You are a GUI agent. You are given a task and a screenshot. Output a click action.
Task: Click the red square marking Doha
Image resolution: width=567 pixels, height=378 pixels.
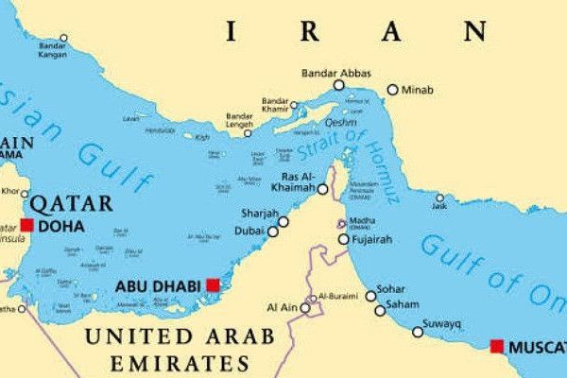[26, 225]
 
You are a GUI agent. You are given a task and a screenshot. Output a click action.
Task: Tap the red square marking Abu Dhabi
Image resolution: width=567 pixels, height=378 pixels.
[214, 284]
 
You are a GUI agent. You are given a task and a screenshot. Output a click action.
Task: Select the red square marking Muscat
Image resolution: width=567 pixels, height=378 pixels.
[497, 347]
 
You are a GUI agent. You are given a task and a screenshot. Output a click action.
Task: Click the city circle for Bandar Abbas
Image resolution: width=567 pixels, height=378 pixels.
[338, 86]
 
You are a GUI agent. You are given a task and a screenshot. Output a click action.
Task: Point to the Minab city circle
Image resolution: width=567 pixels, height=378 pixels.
[393, 90]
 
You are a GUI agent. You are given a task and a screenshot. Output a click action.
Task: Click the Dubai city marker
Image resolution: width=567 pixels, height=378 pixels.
[273, 231]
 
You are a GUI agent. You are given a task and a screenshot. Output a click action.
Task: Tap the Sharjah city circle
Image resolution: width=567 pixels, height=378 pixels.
[283, 221]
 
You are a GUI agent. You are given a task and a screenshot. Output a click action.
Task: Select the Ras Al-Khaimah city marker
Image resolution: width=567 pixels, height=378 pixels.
[323, 189]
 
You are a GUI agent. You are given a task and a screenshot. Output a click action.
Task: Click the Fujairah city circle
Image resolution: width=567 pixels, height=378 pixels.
[344, 239]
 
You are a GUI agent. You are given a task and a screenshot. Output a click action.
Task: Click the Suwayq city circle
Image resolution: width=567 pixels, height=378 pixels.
[418, 332]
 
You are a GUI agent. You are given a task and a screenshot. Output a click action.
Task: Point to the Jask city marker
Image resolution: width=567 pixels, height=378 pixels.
[439, 198]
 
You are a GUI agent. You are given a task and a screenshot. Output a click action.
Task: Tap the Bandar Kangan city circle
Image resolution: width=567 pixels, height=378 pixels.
[64, 39]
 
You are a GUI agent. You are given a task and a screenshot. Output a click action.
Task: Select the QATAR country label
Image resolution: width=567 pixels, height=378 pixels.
[72, 203]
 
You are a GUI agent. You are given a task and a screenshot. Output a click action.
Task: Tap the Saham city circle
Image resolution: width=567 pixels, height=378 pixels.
[380, 310]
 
